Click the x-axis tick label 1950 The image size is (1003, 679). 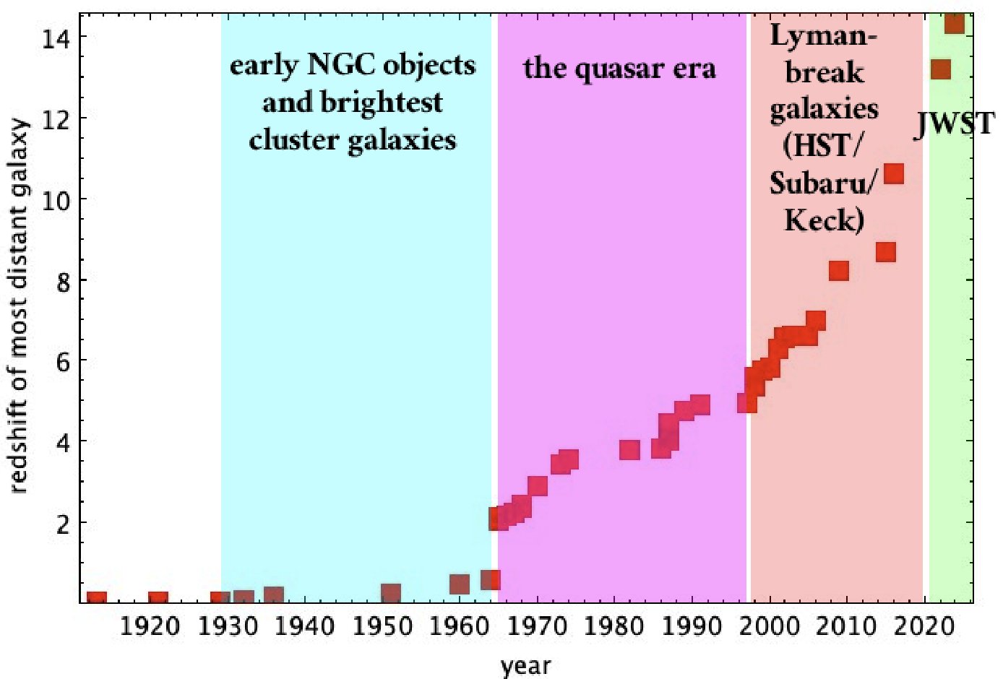tap(383, 626)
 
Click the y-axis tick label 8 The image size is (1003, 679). tap(64, 280)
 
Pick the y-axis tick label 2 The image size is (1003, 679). tap(64, 523)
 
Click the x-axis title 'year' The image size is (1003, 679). tap(526, 665)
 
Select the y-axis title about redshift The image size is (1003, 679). tap(20, 306)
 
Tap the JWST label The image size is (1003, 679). tap(955, 124)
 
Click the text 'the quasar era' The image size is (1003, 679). tap(620, 69)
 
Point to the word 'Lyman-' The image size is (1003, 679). tap(824, 35)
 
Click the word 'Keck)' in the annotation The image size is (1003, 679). tap(824, 220)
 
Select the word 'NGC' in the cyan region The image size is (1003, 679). tap(341, 65)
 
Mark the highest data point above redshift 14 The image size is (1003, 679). tap(955, 22)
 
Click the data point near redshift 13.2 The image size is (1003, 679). tap(941, 69)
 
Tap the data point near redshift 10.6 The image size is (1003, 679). tap(894, 173)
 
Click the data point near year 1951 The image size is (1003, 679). tap(391, 594)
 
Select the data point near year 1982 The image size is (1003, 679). tap(629, 450)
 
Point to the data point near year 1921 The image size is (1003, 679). tap(158, 599)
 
